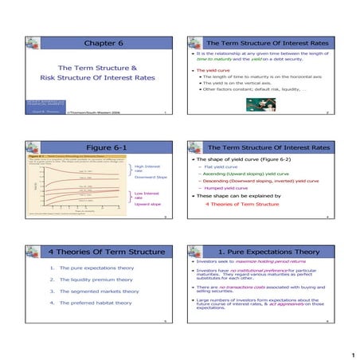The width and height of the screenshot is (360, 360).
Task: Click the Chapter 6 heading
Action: [x=95, y=42]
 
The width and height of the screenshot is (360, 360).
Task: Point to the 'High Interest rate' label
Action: [x=148, y=170]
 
